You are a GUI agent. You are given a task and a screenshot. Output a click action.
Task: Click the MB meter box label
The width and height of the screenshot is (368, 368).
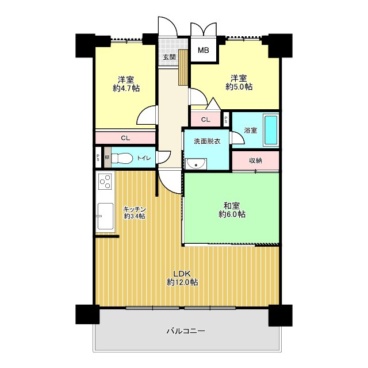tap(203, 50)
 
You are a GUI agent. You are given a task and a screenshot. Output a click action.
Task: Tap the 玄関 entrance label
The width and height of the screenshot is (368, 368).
tap(170, 57)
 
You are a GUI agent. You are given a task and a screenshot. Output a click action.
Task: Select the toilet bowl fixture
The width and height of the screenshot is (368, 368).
tap(122, 158)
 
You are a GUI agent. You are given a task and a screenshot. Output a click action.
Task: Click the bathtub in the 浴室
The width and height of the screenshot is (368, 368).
tap(271, 131)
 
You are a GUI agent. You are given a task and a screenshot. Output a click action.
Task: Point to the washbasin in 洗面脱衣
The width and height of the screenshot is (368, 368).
tap(195, 163)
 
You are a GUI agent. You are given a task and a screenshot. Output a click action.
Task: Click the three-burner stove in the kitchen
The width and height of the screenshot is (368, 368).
tap(105, 182)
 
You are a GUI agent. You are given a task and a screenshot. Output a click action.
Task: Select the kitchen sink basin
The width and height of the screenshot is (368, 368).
tap(105, 216)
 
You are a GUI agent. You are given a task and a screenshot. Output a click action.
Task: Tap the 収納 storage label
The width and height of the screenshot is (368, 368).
tap(255, 161)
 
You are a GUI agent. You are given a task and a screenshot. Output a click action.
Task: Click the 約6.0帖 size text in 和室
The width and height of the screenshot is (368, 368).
tap(232, 214)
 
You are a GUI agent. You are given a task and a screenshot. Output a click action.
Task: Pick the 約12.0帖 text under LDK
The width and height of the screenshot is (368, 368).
tap(182, 282)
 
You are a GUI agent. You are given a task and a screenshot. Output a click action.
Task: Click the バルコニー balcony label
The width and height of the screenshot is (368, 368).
tap(186, 331)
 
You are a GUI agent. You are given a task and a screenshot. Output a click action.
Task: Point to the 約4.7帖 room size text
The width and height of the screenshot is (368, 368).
tap(126, 89)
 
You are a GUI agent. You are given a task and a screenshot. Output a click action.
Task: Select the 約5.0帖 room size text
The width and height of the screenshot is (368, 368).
tap(239, 87)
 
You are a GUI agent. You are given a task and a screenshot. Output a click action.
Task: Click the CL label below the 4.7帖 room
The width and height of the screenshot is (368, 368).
tap(125, 138)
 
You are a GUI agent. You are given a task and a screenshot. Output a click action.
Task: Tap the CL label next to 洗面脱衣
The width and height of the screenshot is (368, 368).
tap(206, 120)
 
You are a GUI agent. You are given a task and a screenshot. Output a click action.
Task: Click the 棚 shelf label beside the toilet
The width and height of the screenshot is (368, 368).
tap(107, 158)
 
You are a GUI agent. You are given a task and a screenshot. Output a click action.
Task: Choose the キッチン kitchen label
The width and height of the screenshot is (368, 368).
tap(135, 209)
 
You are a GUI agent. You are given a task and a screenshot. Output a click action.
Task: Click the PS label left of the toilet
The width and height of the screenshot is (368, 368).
tap(98, 158)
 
